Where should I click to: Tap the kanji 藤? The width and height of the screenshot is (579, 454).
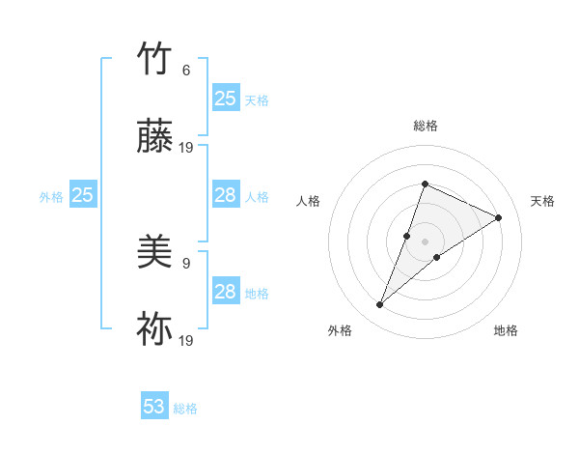[155, 138]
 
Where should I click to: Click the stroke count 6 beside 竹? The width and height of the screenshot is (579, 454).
[186, 70]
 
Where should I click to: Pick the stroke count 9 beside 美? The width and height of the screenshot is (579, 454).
[186, 263]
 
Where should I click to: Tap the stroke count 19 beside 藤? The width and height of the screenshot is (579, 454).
[186, 148]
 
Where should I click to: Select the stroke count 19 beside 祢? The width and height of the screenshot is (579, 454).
[186, 341]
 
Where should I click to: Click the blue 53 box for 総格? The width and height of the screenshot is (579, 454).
[154, 407]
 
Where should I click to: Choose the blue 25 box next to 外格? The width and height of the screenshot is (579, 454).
[83, 196]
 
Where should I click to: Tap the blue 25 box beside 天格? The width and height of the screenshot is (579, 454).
[226, 99]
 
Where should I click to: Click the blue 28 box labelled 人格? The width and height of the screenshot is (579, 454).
[226, 196]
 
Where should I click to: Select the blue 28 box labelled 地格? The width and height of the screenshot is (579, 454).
[226, 292]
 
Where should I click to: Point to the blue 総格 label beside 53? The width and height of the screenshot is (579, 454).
[185, 409]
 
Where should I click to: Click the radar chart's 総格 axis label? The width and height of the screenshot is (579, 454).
[425, 126]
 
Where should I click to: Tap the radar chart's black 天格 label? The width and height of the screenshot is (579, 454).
[542, 201]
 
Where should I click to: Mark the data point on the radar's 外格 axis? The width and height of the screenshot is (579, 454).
[380, 305]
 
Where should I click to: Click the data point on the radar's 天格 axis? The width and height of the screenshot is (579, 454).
[498, 217]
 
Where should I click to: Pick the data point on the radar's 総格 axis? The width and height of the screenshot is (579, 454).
[425, 184]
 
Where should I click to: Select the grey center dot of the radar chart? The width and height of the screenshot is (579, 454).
[425, 241]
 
